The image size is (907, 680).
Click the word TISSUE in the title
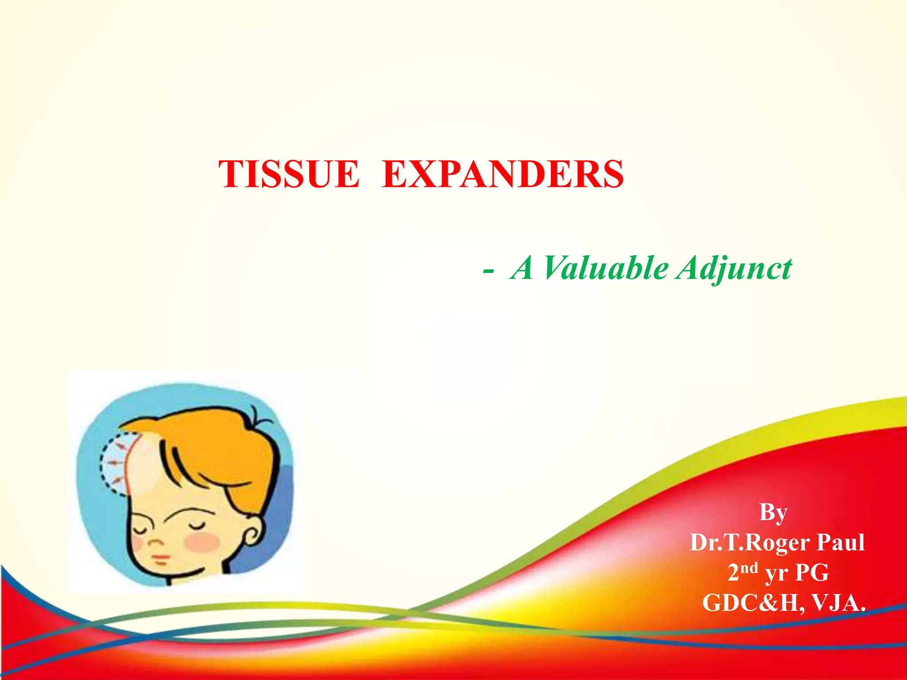tap(289, 174)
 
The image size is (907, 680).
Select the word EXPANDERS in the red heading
tap(503, 174)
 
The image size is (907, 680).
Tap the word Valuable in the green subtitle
tap(606, 268)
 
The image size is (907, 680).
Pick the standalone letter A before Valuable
tap(522, 268)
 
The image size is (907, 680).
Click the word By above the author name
tap(773, 513)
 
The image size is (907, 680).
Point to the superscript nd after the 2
tap(749, 568)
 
